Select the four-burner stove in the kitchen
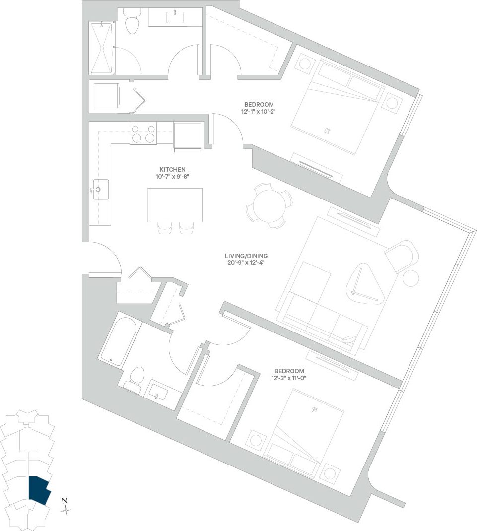pos(143,133)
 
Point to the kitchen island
pos(175,205)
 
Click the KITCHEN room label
pos(172,169)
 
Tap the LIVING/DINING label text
pos(246,256)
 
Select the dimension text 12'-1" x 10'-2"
pos(259,112)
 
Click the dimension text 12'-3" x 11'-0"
pos(289,379)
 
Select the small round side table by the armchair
pos(410,278)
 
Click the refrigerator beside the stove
pos(187,134)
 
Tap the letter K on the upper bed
pos(327,131)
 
